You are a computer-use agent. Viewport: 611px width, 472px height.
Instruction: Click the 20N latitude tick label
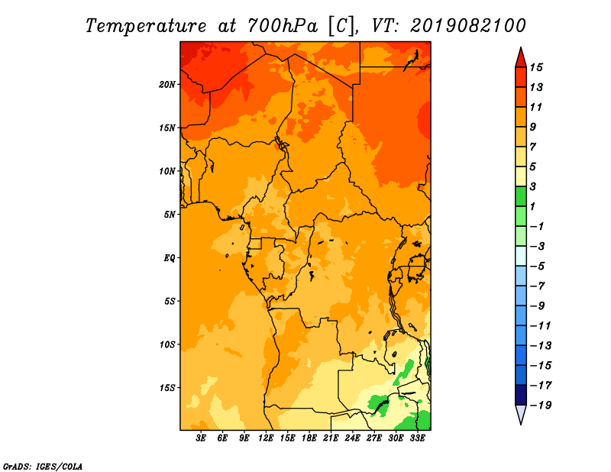click(x=167, y=85)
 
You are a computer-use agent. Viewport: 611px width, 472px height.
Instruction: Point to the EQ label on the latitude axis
click(x=170, y=258)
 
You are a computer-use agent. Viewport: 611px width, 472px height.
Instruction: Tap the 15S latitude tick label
click(x=167, y=388)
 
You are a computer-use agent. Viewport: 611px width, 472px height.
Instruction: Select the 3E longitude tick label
click(x=201, y=438)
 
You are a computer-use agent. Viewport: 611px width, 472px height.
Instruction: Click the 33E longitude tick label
click(x=417, y=438)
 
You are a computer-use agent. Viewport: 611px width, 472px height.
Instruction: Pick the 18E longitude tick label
click(x=309, y=438)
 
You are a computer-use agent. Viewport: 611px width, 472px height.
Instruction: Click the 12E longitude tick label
click(x=266, y=438)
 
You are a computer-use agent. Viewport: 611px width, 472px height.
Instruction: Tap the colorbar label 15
click(x=536, y=67)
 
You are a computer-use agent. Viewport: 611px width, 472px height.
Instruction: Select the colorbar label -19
click(x=541, y=406)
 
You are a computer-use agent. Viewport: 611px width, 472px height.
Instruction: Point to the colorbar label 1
click(x=532, y=206)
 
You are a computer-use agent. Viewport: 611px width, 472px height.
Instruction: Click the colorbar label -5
click(x=538, y=267)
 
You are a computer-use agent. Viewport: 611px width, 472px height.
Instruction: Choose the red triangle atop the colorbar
click(x=521, y=59)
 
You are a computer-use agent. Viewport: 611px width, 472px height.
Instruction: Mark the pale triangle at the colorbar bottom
click(x=521, y=413)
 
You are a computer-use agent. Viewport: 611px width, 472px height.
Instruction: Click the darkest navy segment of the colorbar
click(x=521, y=395)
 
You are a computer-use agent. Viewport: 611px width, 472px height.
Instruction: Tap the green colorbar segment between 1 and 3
click(x=521, y=196)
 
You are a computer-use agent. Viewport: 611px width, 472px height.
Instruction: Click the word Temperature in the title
click(x=146, y=26)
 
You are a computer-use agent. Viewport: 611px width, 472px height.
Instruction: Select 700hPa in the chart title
click(x=282, y=26)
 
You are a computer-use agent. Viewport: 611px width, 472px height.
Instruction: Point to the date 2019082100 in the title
click(x=468, y=26)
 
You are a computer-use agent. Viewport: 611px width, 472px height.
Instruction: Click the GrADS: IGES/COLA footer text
click(x=43, y=467)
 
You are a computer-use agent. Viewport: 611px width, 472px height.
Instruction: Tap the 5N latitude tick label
click(x=170, y=215)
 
